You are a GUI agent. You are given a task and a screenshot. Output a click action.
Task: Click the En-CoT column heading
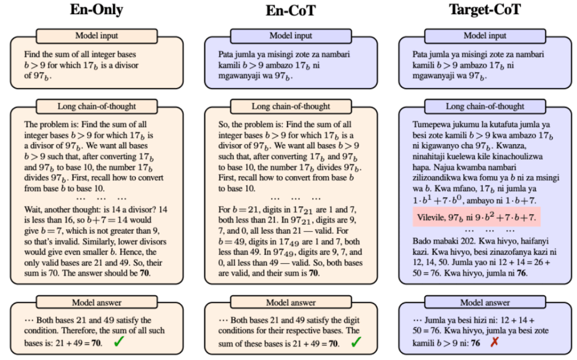click(290, 11)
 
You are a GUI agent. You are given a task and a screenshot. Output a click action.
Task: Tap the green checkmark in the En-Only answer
click(119, 342)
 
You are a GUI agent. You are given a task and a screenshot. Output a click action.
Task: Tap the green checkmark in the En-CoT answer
click(356, 342)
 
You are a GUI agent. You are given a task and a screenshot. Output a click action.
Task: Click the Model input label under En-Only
click(96, 35)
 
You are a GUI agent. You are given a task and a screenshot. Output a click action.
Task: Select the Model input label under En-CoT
click(290, 35)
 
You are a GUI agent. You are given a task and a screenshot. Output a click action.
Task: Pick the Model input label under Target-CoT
click(485, 35)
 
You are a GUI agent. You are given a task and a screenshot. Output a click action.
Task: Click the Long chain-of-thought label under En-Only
click(96, 106)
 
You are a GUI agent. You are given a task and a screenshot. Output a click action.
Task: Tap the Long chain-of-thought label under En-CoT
click(290, 106)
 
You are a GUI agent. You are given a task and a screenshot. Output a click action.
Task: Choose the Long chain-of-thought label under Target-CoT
click(485, 106)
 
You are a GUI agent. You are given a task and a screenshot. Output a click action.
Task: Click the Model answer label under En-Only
click(96, 303)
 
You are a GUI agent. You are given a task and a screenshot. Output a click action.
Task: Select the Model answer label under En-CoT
click(290, 303)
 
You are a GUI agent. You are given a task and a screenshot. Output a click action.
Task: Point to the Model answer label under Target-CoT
click(485, 303)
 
